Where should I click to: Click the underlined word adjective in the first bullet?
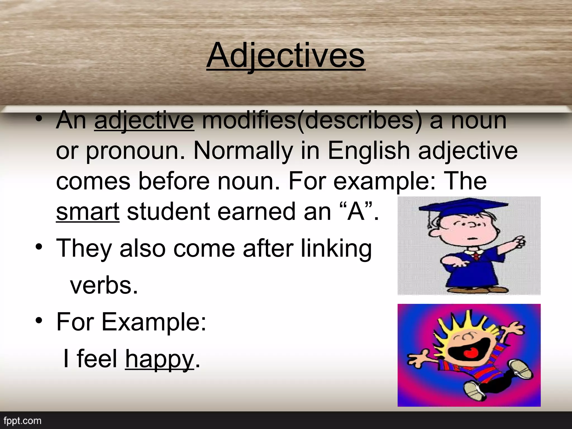(x=144, y=121)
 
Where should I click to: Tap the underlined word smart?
(x=88, y=212)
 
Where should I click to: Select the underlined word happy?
(x=159, y=359)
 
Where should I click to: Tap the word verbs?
(x=104, y=285)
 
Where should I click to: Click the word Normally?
(x=243, y=151)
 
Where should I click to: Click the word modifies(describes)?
(x=312, y=121)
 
